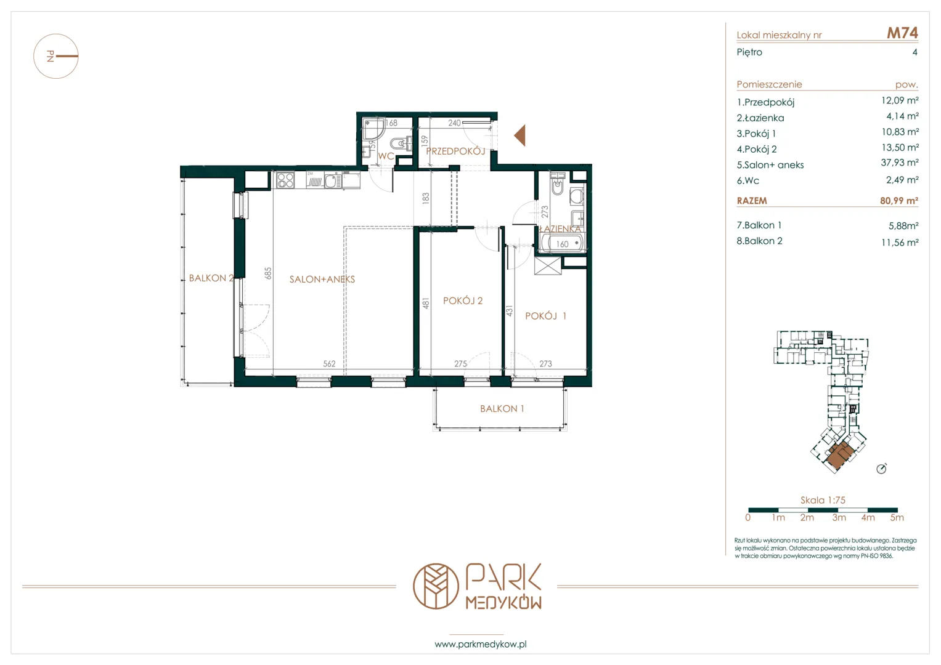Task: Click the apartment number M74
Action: click(x=902, y=33)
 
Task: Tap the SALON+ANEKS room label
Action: click(x=322, y=279)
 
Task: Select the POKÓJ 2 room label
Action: click(x=463, y=300)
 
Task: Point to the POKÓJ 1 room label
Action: click(x=546, y=316)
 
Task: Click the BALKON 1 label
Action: click(x=502, y=408)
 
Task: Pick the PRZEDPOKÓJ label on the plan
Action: click(x=455, y=151)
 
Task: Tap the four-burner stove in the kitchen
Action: click(x=285, y=180)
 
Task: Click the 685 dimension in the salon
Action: click(x=268, y=273)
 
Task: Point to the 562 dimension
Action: click(x=329, y=363)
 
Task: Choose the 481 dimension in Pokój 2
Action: click(x=426, y=303)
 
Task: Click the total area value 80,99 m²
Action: click(x=899, y=201)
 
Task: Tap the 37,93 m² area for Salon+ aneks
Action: click(x=900, y=163)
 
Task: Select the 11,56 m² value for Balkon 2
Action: click(x=900, y=242)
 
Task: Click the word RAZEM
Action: click(x=752, y=201)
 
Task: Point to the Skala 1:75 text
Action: click(x=823, y=500)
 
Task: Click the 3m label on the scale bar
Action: click(x=839, y=518)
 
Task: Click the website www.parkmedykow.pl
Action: click(x=480, y=644)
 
